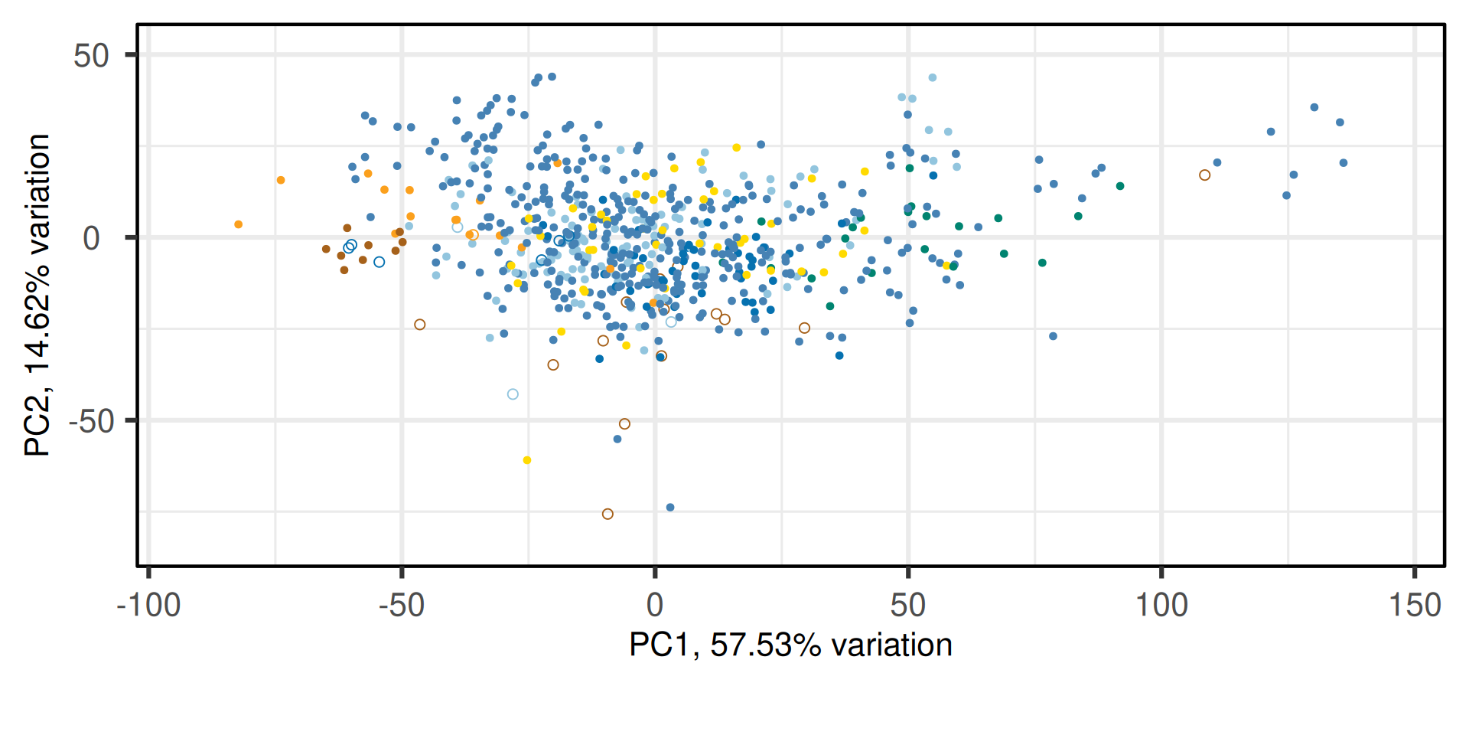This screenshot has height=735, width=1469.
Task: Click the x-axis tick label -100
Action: tap(148, 606)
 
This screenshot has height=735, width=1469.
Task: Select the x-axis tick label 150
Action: tap(1415, 606)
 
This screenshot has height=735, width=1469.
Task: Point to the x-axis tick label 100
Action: tap(1161, 606)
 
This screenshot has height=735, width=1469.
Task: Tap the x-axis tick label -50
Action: tap(402, 606)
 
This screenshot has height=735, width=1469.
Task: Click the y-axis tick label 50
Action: tap(92, 56)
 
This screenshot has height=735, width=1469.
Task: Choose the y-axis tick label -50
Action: tap(91, 421)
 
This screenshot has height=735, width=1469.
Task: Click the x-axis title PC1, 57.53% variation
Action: tap(790, 645)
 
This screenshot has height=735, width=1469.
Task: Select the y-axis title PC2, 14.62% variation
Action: tap(37, 295)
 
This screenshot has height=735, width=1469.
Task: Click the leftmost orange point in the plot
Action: tap(239, 224)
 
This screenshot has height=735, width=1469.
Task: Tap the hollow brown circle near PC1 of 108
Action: tap(1204, 175)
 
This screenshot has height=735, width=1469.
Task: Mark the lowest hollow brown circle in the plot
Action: tap(607, 514)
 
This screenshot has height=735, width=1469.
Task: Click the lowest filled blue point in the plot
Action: tap(670, 508)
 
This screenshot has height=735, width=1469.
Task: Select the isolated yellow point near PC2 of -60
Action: tap(526, 460)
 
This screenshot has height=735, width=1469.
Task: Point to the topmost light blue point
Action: tap(933, 78)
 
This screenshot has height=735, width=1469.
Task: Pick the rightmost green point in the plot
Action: tap(1120, 186)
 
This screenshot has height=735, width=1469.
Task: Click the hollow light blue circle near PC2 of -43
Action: tap(513, 394)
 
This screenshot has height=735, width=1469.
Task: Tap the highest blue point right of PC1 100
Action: tap(1314, 107)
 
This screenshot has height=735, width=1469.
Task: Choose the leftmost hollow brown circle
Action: tap(419, 325)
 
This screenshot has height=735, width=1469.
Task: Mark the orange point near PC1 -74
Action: tap(281, 181)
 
